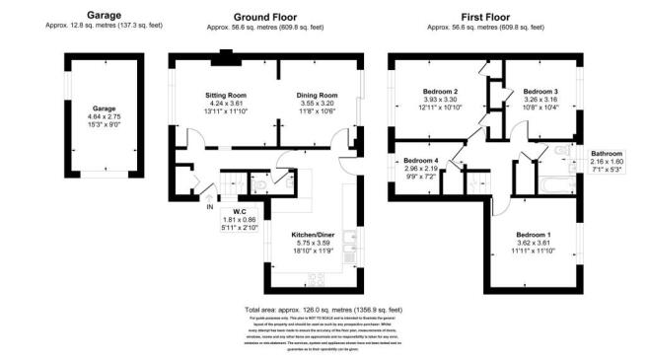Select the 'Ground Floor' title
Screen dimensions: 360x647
pos(265,17)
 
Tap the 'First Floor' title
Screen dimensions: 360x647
pos(490,17)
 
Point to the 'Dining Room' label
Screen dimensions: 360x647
pos(317,96)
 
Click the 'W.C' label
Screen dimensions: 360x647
pos(240,212)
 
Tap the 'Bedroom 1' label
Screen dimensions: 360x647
pos(534,234)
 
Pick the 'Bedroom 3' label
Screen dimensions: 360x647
pos(539,91)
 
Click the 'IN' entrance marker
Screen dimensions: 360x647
pos(209,206)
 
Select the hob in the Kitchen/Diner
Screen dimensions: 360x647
pos(319,277)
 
